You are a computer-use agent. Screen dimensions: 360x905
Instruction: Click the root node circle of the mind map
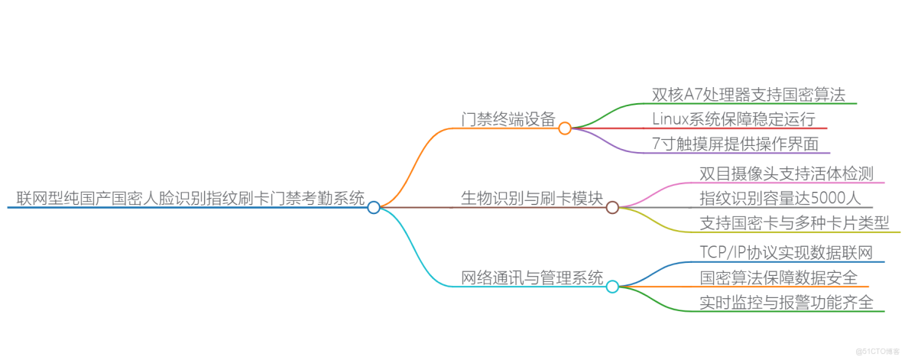coord(373,207)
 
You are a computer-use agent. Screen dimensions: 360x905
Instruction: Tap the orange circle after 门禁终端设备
coord(565,128)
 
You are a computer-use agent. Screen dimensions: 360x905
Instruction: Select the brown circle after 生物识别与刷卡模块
coord(612,207)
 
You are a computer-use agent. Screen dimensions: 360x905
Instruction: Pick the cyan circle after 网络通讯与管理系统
coord(612,287)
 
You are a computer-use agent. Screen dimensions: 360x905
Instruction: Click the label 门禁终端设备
coord(508,118)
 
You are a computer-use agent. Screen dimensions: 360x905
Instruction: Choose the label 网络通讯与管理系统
coord(532,277)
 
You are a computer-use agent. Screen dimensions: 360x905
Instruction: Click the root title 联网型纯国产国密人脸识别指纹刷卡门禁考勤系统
coord(190,198)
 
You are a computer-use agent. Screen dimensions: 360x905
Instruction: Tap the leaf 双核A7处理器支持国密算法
coord(748,95)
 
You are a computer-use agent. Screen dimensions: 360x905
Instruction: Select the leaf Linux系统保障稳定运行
coord(734,118)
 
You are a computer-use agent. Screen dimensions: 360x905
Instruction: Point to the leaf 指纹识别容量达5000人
coord(780,198)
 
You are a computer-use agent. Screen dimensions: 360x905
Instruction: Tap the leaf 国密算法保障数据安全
coord(779,277)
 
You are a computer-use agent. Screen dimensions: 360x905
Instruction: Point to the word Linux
coord(670,119)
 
